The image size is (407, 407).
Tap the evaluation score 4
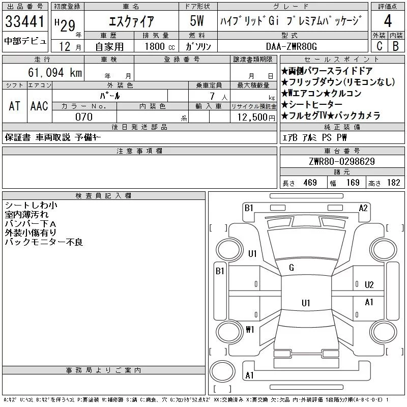pyautogui.click(x=388, y=22)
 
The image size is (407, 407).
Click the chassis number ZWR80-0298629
pyautogui.click(x=342, y=162)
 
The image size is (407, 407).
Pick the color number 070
pyautogui.click(x=84, y=117)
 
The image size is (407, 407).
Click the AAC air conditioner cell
pyautogui.click(x=39, y=106)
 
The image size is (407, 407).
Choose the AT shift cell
pyautogui.click(x=14, y=106)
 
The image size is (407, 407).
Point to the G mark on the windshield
pyautogui.click(x=292, y=268)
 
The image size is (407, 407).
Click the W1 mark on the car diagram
pyautogui.click(x=250, y=329)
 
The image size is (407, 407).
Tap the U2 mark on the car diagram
pyautogui.click(x=369, y=284)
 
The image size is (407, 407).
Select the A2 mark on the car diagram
pyautogui.click(x=363, y=208)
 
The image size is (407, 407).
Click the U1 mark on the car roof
pyautogui.click(x=306, y=303)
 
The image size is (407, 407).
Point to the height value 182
pyautogui.click(x=394, y=183)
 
